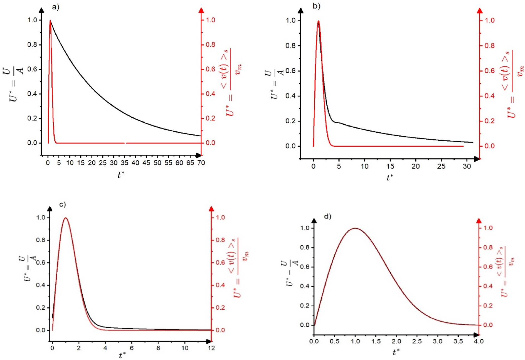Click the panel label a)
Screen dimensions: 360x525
click(56, 7)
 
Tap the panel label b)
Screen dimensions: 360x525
click(316, 6)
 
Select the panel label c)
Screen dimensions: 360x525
click(63, 204)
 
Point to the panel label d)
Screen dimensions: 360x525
click(328, 216)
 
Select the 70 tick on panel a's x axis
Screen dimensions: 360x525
click(201, 163)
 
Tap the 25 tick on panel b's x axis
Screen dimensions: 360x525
click(441, 166)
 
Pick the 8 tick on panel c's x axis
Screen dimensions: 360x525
click(158, 348)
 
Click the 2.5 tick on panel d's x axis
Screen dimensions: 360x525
click(417, 341)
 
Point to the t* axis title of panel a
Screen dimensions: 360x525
click(121, 175)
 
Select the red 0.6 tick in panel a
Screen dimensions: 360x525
click(210, 69)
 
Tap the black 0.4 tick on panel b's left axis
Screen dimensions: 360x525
click(290, 96)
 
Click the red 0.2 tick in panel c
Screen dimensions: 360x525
click(220, 308)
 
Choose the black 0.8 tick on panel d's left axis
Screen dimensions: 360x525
click(305, 247)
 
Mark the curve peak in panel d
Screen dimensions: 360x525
click(355, 228)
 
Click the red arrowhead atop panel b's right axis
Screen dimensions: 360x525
click(480, 11)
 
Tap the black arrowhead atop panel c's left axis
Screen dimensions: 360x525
click(50, 209)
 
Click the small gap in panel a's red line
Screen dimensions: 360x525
click(125, 143)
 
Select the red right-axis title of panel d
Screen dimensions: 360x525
click(506, 271)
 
